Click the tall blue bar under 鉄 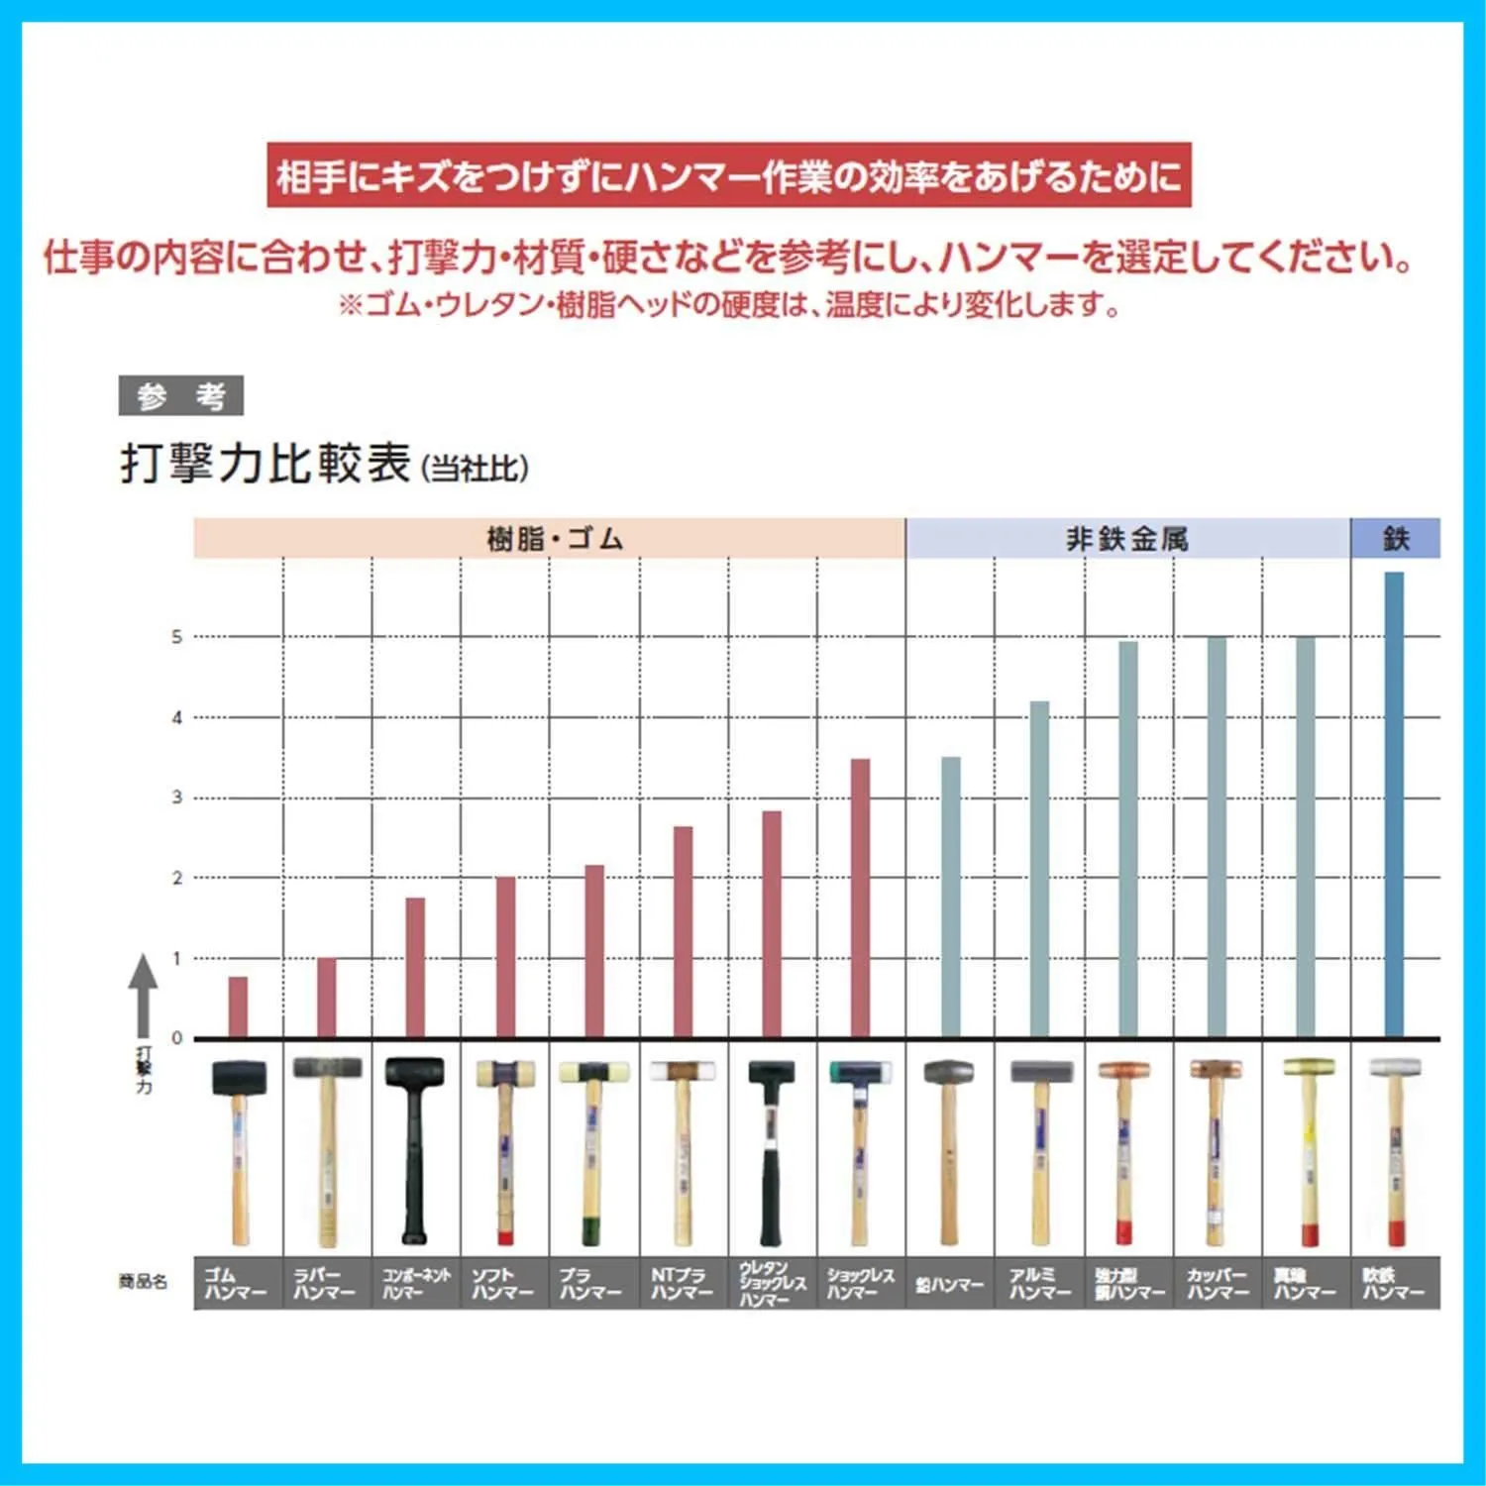pos(1394,804)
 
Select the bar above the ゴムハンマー pos(238,1007)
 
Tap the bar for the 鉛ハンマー pos(950,897)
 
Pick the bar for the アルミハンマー pos(1039,869)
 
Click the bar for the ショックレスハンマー pos(861,898)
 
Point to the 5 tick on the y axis pos(177,637)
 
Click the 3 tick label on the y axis pos(177,797)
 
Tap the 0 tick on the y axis pos(177,1038)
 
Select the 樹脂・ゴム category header pos(550,539)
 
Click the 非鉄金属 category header pos(1127,539)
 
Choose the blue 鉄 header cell pos(1395,539)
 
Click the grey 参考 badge pos(180,396)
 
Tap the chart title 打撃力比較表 pos(265,464)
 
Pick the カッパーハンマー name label pos(1218,1283)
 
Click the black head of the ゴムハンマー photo pos(239,1077)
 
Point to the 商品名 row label pos(143,1282)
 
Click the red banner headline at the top pos(729,175)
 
